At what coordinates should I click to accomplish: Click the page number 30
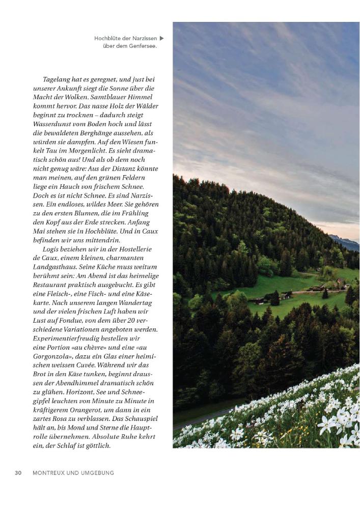[18, 473]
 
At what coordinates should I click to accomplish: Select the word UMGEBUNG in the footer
[97, 473]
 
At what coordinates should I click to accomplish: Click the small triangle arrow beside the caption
[162, 38]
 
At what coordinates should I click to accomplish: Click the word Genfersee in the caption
[140, 46]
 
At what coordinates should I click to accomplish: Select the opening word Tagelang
[55, 80]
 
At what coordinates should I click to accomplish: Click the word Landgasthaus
[56, 267]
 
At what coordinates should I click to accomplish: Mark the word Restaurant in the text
[50, 286]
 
